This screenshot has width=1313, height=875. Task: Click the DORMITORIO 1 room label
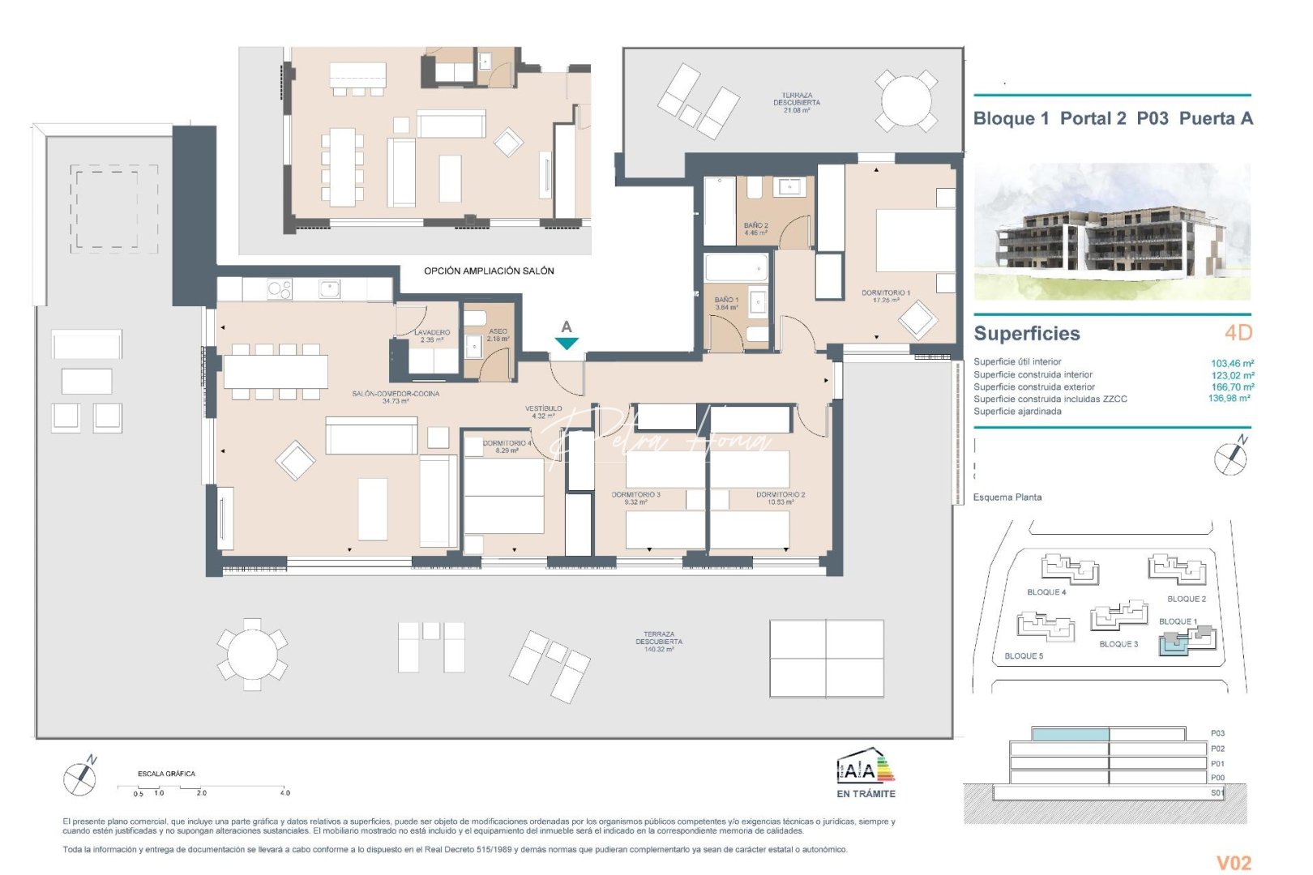(885, 296)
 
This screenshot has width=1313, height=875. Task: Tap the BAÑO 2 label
(755, 229)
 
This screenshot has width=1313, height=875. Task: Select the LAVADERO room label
(431, 335)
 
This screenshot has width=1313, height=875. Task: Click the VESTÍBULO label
(543, 412)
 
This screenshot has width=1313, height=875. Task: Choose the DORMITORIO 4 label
(507, 446)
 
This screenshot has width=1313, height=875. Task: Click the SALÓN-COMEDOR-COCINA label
(396, 397)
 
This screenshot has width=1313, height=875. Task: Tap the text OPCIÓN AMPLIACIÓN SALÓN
(489, 271)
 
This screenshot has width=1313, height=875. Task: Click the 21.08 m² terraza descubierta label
(796, 103)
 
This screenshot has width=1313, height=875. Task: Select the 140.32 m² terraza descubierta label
(658, 642)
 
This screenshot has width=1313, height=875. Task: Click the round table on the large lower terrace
(252, 654)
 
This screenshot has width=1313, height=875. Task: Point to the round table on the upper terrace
(906, 101)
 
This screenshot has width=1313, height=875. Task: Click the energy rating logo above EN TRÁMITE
(866, 766)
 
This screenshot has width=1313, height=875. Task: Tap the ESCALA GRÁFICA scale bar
(203, 787)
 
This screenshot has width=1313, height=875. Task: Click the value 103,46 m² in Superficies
(1232, 363)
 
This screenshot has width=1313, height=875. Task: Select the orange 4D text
(1238, 332)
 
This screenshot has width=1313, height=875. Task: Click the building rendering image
(1111, 232)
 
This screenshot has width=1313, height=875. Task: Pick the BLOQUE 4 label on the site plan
(1046, 592)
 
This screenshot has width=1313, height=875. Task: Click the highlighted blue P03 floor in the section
(1070, 734)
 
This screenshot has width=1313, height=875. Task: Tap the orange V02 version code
(1233, 863)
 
